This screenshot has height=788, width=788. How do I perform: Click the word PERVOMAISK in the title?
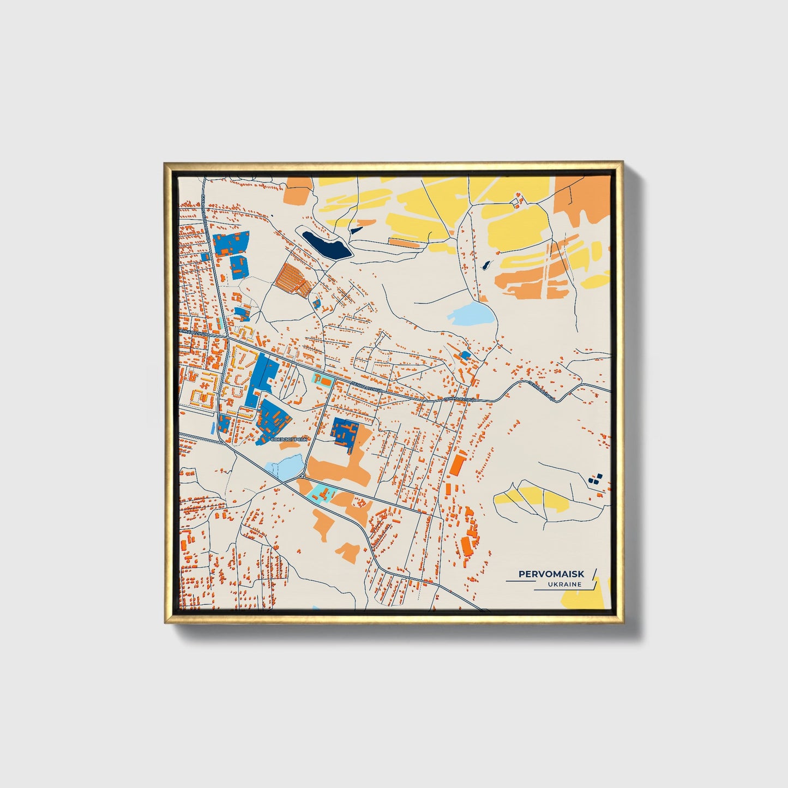click(x=551, y=574)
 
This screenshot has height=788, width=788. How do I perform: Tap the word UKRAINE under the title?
click(x=566, y=585)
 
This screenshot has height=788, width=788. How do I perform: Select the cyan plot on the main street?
click(x=322, y=380)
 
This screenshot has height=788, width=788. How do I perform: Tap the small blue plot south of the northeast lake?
click(x=465, y=355)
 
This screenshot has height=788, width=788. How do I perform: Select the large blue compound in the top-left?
click(x=231, y=243)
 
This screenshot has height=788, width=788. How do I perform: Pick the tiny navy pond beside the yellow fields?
click(x=485, y=266)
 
